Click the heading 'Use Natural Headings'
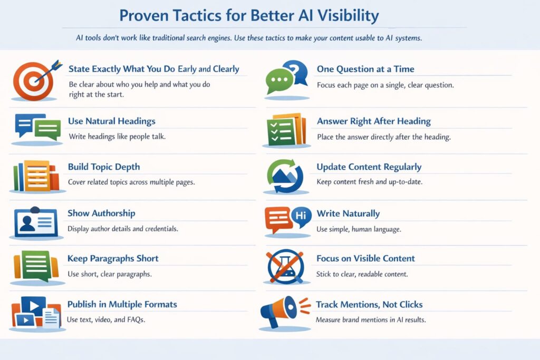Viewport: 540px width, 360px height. (111, 121)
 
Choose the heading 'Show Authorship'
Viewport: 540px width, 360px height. (101, 213)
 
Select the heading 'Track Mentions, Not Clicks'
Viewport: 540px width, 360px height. (369, 305)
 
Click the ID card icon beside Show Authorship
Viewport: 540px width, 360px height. (35, 222)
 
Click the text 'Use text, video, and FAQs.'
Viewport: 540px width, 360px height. (105, 320)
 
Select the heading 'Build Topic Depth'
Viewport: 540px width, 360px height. (104, 167)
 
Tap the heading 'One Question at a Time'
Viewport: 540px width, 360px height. (365, 69)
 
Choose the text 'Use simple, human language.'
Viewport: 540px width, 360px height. (358, 229)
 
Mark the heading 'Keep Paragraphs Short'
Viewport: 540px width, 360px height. (113, 259)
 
